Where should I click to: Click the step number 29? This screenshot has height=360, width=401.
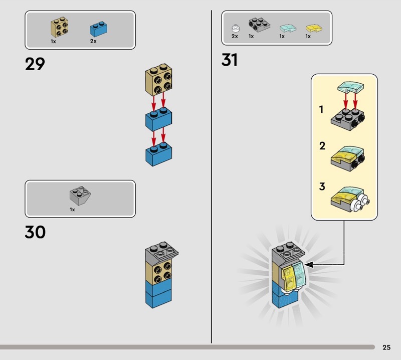pos(35,64)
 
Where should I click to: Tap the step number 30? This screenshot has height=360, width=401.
pos(35,232)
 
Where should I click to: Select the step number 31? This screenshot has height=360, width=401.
pos(230,60)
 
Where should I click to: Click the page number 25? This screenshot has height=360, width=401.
pos(386,347)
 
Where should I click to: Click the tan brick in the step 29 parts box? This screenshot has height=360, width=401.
pos(59,27)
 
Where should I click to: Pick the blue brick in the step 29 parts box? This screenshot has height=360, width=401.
pos(98,29)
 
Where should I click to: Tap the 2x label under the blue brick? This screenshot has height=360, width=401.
pos(93,41)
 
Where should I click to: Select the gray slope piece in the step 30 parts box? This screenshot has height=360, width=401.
pos(80,196)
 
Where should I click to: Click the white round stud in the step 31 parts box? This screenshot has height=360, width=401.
pos(236,28)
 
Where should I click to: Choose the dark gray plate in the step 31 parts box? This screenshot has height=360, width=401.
pos(259,25)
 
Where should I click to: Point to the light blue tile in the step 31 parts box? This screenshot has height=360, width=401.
pos(288,28)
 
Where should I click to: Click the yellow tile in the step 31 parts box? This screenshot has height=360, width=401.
pos(314,28)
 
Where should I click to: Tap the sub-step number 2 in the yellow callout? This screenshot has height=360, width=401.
pos(322,146)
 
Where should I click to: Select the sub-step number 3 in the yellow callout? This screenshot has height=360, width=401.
pos(322,187)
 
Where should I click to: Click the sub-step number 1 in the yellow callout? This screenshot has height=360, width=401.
pos(321,109)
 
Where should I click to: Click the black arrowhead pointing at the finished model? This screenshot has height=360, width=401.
pos(309,265)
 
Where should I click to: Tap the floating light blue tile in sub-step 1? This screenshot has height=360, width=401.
pos(351,87)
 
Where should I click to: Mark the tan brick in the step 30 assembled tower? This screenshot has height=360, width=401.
pos(158,272)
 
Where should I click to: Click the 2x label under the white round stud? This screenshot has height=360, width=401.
pos(235,36)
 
